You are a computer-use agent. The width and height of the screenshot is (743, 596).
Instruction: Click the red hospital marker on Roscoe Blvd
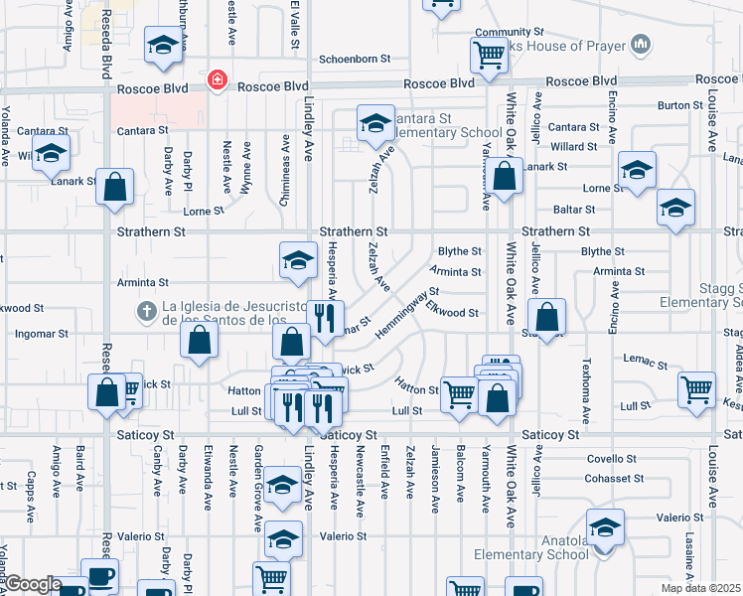click(215, 79)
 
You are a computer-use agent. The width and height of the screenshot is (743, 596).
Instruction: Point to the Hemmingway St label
click(408, 314)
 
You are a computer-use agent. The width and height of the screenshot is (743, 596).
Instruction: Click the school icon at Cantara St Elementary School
click(375, 123)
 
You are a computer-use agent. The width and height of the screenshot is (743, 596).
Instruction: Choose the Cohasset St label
click(610, 478)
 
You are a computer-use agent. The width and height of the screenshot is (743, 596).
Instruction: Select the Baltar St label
click(574, 210)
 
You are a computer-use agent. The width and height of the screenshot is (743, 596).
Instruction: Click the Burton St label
click(679, 105)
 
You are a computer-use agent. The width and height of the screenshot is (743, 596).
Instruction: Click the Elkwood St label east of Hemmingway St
click(453, 313)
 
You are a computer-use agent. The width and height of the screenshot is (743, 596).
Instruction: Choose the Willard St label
click(573, 146)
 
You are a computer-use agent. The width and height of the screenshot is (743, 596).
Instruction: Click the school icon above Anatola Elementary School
click(605, 526)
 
